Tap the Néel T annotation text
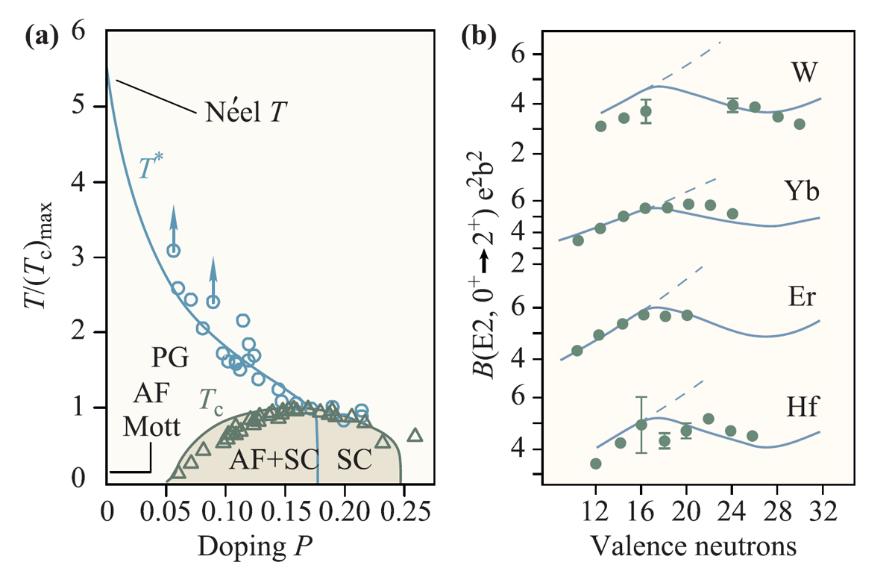tap(242, 114)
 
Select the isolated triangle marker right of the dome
tap(415, 436)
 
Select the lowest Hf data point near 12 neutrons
tap(595, 464)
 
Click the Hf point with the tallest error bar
tap(641, 425)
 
